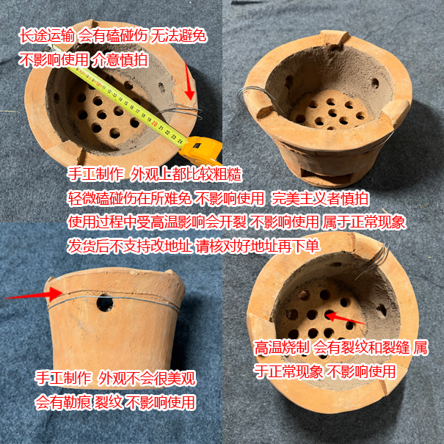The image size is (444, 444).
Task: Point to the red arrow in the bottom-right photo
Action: click(x=345, y=319)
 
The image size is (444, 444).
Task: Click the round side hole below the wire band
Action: click(x=106, y=302)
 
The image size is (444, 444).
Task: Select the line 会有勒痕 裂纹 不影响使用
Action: click(x=115, y=402)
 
